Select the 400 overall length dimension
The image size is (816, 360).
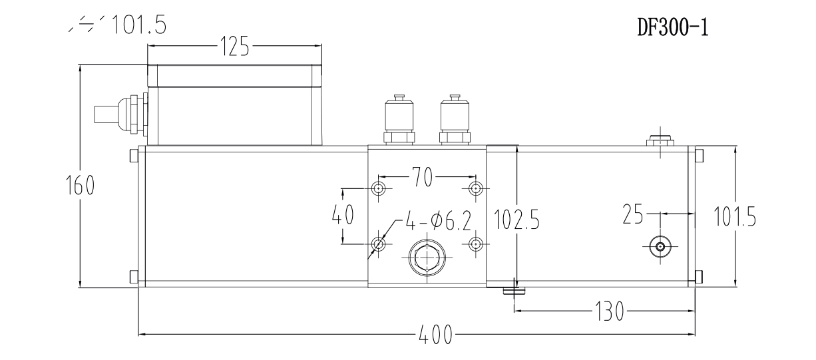pyautogui.click(x=435, y=333)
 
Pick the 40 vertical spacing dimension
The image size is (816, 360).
pyautogui.click(x=343, y=216)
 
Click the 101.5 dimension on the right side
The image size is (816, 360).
pyautogui.click(x=734, y=217)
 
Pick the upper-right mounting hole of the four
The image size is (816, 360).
pyautogui.click(x=475, y=188)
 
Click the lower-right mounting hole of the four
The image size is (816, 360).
pyautogui.click(x=475, y=244)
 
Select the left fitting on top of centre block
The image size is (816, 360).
pyautogui.click(x=399, y=120)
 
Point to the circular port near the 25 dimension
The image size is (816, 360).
pyautogui.click(x=660, y=247)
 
